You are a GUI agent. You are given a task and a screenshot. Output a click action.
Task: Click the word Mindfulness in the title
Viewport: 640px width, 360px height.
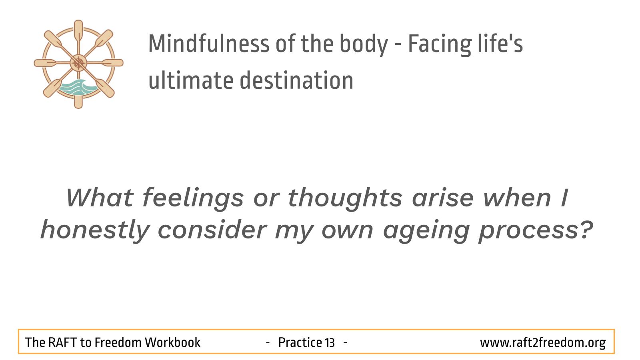pos(209,44)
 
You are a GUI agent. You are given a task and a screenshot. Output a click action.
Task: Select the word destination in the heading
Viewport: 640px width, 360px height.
pos(296,80)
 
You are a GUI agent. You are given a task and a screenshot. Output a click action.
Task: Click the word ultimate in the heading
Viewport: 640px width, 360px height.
pos(191,80)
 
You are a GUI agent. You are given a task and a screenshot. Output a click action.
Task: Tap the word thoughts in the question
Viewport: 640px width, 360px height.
pos(345,198)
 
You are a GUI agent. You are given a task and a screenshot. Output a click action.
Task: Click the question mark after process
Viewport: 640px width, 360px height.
pos(586,229)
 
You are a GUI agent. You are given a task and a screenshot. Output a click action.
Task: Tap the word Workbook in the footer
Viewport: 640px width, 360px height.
pos(172,342)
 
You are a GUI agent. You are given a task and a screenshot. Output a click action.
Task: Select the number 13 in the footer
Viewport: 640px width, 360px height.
pos(329,342)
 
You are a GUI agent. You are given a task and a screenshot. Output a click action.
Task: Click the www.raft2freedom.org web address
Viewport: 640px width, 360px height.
pos(543,343)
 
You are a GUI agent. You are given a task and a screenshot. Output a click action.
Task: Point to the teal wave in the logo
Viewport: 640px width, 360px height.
pos(78,87)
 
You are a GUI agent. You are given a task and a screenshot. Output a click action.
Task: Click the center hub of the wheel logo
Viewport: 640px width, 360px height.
pos(78,63)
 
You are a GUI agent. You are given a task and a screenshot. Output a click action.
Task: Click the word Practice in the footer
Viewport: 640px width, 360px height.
pos(300,342)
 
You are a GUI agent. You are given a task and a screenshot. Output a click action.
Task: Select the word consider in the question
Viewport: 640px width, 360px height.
pos(212,230)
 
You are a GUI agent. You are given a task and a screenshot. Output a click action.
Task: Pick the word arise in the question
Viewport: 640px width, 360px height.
pos(443,198)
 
